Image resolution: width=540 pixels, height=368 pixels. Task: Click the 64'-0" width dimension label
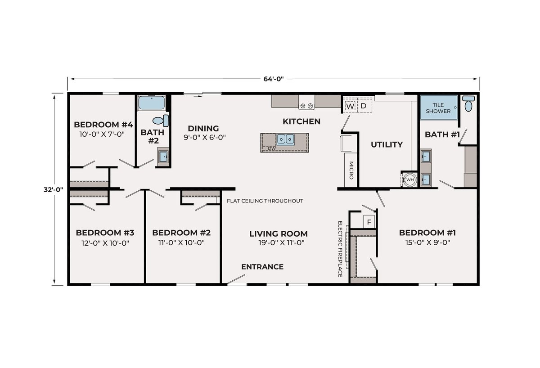(274, 79)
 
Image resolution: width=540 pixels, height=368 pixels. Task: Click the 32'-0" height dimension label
(53, 190)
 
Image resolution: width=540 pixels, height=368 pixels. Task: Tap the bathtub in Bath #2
(151, 103)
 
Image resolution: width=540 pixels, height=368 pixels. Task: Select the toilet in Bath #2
(161, 121)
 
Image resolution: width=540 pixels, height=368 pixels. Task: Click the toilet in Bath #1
(468, 103)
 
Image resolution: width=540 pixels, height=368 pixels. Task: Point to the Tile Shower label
(438, 108)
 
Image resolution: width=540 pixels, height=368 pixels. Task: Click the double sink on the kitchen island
(285, 140)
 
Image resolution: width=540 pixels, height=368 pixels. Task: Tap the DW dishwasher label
(272, 148)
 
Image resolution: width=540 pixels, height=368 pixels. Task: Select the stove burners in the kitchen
(306, 106)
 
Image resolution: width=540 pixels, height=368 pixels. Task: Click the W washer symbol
(350, 106)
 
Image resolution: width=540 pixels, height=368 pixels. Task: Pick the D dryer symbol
(363, 106)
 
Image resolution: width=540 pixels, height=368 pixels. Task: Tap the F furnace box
(369, 222)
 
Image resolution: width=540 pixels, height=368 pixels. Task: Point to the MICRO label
(351, 170)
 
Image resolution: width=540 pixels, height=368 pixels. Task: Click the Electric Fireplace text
(340, 249)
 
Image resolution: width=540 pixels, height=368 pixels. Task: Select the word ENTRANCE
(262, 267)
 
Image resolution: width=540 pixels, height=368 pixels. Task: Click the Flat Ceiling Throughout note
(265, 201)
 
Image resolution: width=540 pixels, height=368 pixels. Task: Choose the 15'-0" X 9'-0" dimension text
(427, 242)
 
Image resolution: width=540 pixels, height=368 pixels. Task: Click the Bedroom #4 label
(103, 125)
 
